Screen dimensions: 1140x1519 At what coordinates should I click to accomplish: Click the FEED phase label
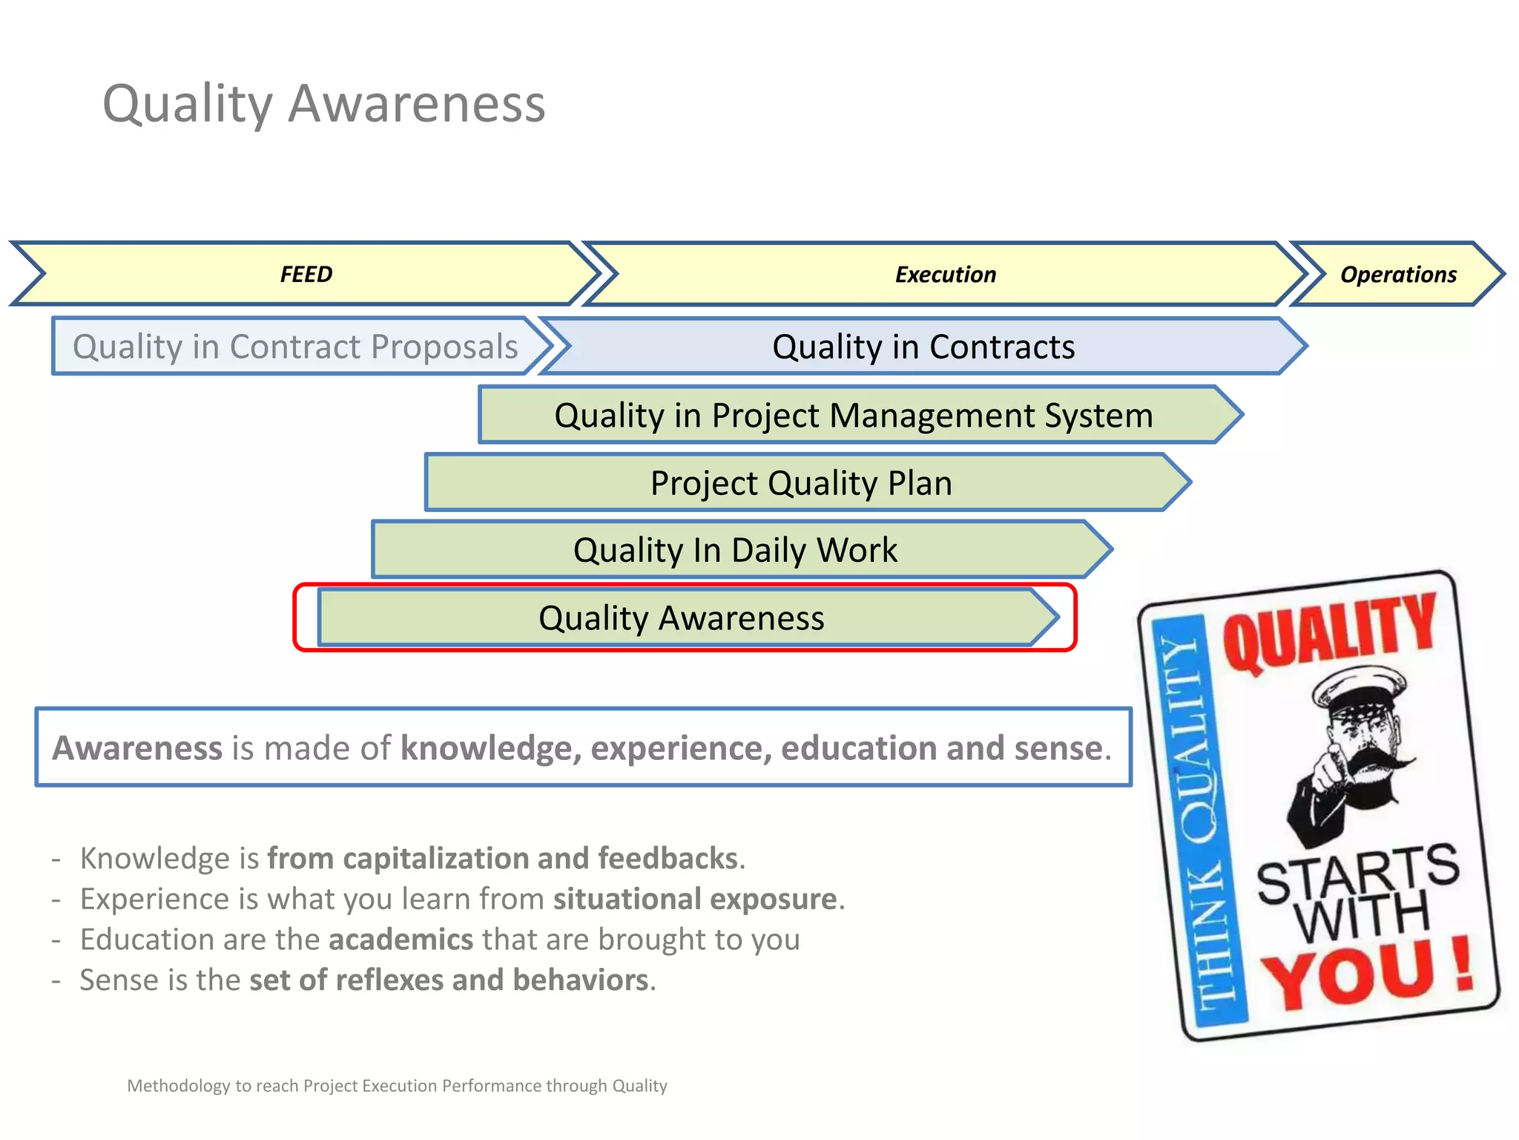coord(306,275)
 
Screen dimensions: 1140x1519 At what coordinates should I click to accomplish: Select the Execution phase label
coord(945,275)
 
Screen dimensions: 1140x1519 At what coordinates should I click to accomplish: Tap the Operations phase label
coord(1397,275)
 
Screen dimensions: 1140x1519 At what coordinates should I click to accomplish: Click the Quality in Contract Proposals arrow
coord(295,347)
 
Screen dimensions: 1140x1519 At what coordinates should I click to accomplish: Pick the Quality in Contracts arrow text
coord(923,347)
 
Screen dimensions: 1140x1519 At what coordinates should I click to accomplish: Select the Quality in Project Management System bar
coord(853,415)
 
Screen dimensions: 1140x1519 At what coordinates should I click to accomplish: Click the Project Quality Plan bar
coord(801,483)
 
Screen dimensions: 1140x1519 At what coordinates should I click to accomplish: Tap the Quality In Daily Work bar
coord(734,550)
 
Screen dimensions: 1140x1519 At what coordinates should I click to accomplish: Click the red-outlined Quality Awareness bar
coord(681,617)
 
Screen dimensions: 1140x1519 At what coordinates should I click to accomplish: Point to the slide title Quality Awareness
coord(324,103)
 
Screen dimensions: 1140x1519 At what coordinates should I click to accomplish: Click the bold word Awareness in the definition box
coord(137,747)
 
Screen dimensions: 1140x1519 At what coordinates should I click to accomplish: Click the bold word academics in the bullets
coord(401,940)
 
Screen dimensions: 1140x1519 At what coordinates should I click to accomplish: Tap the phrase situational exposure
coord(695,899)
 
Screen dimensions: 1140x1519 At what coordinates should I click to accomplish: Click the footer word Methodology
coord(178,1086)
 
